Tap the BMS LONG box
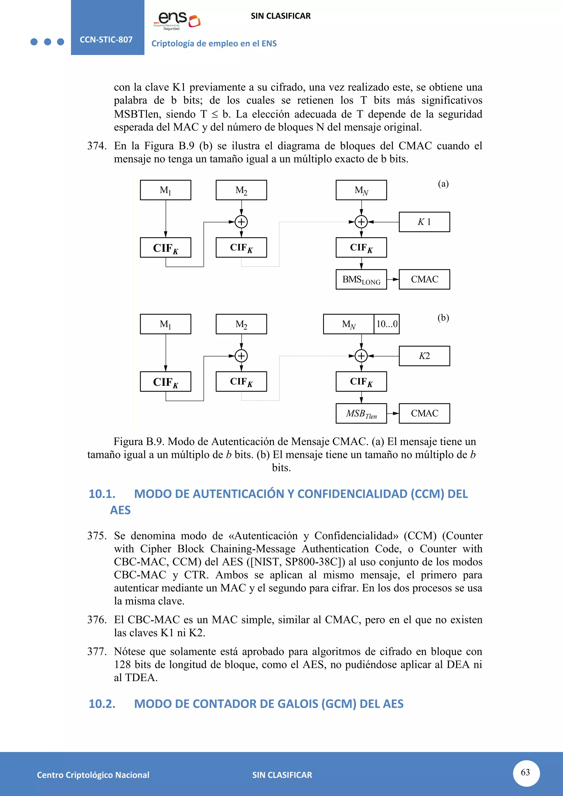click(x=361, y=280)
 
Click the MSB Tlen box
click(x=361, y=413)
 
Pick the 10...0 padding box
click(x=387, y=324)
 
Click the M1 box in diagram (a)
click(x=165, y=190)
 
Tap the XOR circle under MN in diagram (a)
click(x=361, y=222)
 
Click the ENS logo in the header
click(x=177, y=20)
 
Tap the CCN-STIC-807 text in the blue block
click(x=106, y=40)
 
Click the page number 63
click(x=526, y=772)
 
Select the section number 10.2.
click(x=102, y=704)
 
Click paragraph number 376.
click(x=97, y=620)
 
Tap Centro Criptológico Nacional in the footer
click(x=93, y=775)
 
